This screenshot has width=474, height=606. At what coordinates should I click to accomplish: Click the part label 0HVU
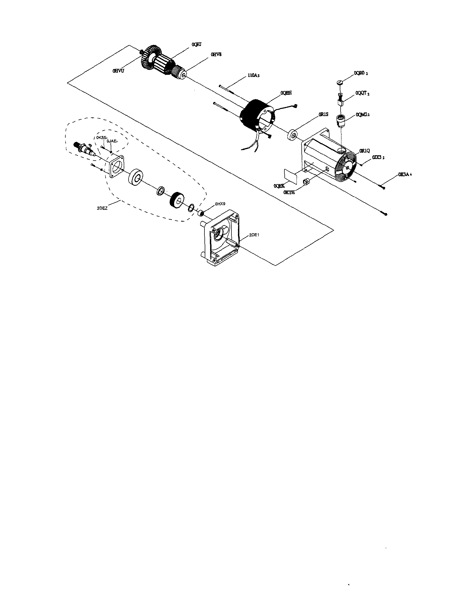[118, 71]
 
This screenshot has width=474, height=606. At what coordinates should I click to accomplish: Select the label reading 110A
[253, 75]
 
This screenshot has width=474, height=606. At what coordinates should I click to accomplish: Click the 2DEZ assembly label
[102, 208]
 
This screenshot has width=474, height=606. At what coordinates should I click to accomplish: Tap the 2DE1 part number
[254, 235]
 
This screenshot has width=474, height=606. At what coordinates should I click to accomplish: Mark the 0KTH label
[289, 192]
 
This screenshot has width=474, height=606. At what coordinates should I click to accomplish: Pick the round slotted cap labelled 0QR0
[340, 82]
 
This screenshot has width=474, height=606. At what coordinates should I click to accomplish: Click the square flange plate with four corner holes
[116, 166]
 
